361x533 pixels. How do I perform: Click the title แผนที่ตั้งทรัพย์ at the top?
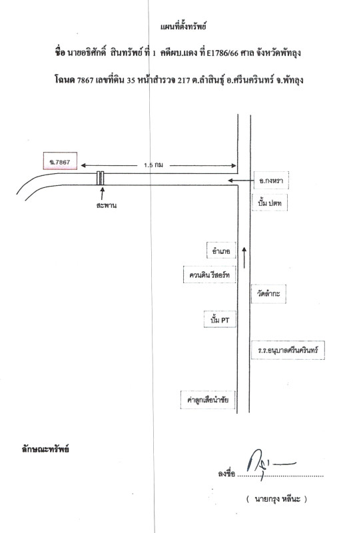(x=183, y=27)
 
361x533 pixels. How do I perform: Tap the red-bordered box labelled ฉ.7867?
(x=60, y=161)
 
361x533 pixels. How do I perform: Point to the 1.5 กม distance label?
(x=153, y=165)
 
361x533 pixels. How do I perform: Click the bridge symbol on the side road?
(x=101, y=178)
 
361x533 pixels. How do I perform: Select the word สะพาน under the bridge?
(x=107, y=205)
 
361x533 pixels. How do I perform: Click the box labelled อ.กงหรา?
(x=271, y=181)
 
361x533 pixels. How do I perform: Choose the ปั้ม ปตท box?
(x=270, y=203)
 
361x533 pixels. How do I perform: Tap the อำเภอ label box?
(x=221, y=251)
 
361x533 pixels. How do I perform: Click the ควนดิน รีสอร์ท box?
(x=209, y=274)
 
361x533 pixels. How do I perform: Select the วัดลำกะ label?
(x=268, y=294)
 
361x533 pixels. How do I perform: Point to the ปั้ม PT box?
(x=220, y=320)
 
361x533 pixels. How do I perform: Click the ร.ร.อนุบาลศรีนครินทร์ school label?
(x=288, y=350)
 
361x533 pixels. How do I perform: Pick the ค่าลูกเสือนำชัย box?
(x=208, y=400)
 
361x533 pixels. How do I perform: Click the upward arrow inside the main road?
(x=244, y=258)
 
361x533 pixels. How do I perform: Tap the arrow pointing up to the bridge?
(x=102, y=193)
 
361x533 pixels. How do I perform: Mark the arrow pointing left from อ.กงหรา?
(x=240, y=181)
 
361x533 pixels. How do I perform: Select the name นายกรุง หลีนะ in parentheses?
(x=277, y=499)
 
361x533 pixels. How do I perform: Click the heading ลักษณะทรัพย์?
(x=45, y=449)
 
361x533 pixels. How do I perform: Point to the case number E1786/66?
(x=222, y=53)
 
